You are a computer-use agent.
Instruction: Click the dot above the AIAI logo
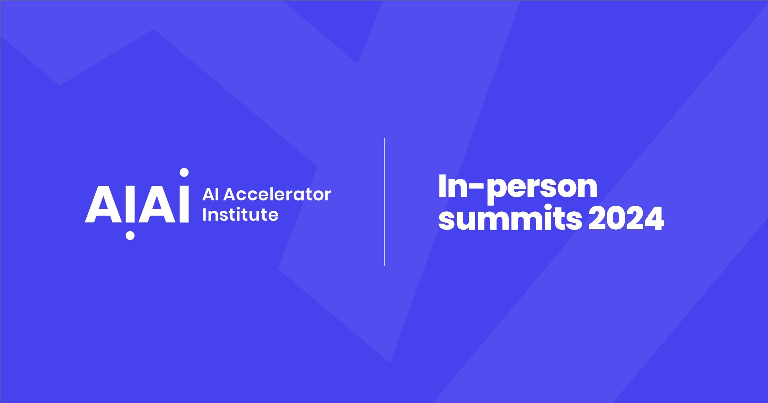pos(184,172)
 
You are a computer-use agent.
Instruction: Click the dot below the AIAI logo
pos(130,235)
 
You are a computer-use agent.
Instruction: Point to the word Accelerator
pos(277,195)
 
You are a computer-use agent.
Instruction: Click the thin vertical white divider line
pos(384,201)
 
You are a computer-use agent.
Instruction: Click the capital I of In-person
pos(442,186)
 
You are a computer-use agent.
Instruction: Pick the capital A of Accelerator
pos(230,195)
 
